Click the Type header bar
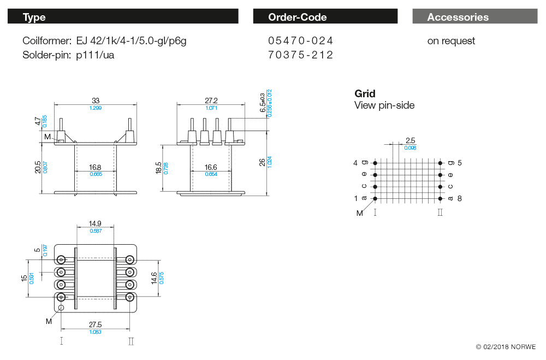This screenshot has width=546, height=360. click(x=123, y=17)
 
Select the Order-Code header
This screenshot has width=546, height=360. click(x=325, y=17)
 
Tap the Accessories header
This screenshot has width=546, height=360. click(x=474, y=17)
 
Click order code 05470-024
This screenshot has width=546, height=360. click(x=300, y=41)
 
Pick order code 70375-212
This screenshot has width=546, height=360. click(x=300, y=55)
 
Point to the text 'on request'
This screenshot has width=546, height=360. click(x=451, y=41)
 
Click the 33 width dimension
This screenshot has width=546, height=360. click(x=96, y=100)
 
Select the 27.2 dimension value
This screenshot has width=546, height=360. click(x=211, y=100)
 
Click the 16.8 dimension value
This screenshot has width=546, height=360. click(x=96, y=167)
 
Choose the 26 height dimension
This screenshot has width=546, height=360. click(x=262, y=162)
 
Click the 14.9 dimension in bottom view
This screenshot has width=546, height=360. click(x=96, y=223)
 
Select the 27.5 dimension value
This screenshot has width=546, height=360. click(x=95, y=324)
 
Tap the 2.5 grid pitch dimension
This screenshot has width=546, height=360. click(x=410, y=140)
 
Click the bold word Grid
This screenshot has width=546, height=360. click(x=365, y=93)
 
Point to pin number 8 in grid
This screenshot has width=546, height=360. click(x=459, y=198)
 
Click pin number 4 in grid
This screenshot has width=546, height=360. click(x=355, y=163)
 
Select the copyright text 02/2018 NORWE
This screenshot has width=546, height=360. click(x=506, y=347)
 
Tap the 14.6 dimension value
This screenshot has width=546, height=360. click(x=154, y=278)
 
